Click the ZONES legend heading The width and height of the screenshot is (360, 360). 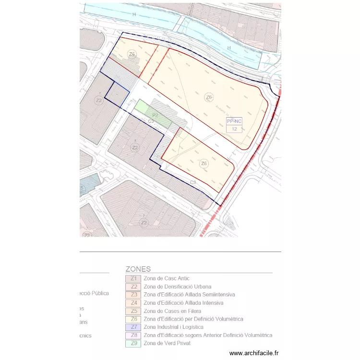(x=138, y=269)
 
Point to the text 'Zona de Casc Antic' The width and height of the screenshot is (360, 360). (x=166, y=278)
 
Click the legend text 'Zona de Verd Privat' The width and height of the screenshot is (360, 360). (x=167, y=343)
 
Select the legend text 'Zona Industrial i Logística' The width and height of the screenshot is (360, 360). (x=173, y=327)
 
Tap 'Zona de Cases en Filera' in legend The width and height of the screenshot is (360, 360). (x=172, y=311)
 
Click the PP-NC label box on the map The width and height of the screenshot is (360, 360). (x=234, y=122)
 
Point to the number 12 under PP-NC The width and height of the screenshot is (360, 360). (x=234, y=129)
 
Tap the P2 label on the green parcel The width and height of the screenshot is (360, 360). (x=156, y=116)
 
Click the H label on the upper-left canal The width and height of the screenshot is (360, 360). (x=134, y=15)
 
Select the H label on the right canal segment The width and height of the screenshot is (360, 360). (x=229, y=48)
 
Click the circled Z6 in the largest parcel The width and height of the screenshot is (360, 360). (x=209, y=97)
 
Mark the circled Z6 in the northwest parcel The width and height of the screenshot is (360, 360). (x=132, y=54)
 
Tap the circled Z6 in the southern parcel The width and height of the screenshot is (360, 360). (x=204, y=164)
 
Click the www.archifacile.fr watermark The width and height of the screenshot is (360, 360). (x=254, y=353)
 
